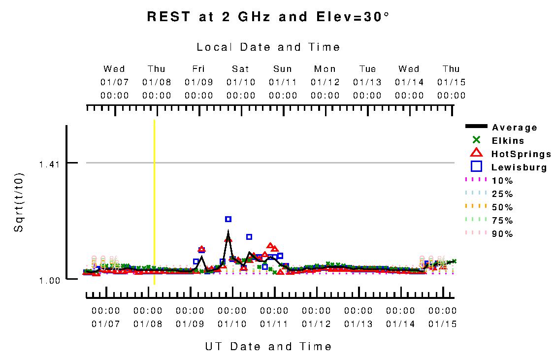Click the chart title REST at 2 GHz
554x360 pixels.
(268, 17)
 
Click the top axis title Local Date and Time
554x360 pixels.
(268, 47)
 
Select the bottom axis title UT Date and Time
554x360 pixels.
(268, 347)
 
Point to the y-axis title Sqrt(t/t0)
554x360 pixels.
(18, 202)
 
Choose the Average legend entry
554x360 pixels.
(515, 128)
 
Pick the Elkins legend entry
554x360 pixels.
(507, 141)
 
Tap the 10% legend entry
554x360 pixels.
(502, 181)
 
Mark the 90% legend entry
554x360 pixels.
(502, 234)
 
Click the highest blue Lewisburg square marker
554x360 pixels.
(228, 219)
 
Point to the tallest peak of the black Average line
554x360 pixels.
(228, 231)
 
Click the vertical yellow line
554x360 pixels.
(154, 202)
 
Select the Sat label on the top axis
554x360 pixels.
(241, 69)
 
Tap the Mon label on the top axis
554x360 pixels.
(325, 69)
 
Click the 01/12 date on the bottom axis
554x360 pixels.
(316, 324)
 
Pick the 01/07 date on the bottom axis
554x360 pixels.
(106, 324)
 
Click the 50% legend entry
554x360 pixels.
(502, 207)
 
